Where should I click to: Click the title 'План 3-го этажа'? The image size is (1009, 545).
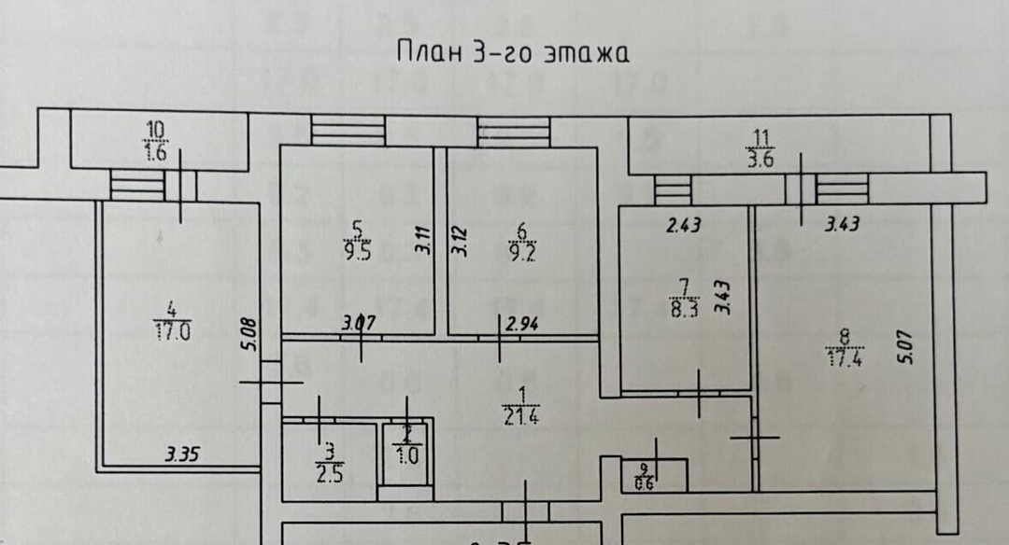click(x=513, y=51)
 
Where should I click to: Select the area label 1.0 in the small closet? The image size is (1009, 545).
click(x=406, y=457)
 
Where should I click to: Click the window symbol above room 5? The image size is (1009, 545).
click(x=348, y=131)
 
